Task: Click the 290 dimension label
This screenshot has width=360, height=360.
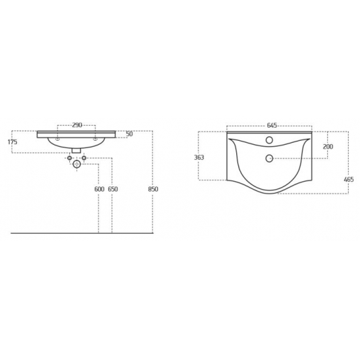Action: pos(77,125)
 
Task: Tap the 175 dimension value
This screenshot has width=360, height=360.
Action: pos(12,142)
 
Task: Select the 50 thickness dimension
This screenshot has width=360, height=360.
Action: pos(130,134)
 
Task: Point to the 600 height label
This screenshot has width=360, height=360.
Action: pos(99,189)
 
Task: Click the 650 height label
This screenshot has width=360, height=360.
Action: pos(113,189)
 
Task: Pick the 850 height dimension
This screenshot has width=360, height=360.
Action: pos(153,189)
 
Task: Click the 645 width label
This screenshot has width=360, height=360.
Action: pos(272,126)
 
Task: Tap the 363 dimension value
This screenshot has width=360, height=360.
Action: pos(199,158)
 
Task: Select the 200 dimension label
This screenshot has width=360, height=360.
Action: pos(328,147)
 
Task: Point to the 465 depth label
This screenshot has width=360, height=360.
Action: pos(349,179)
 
